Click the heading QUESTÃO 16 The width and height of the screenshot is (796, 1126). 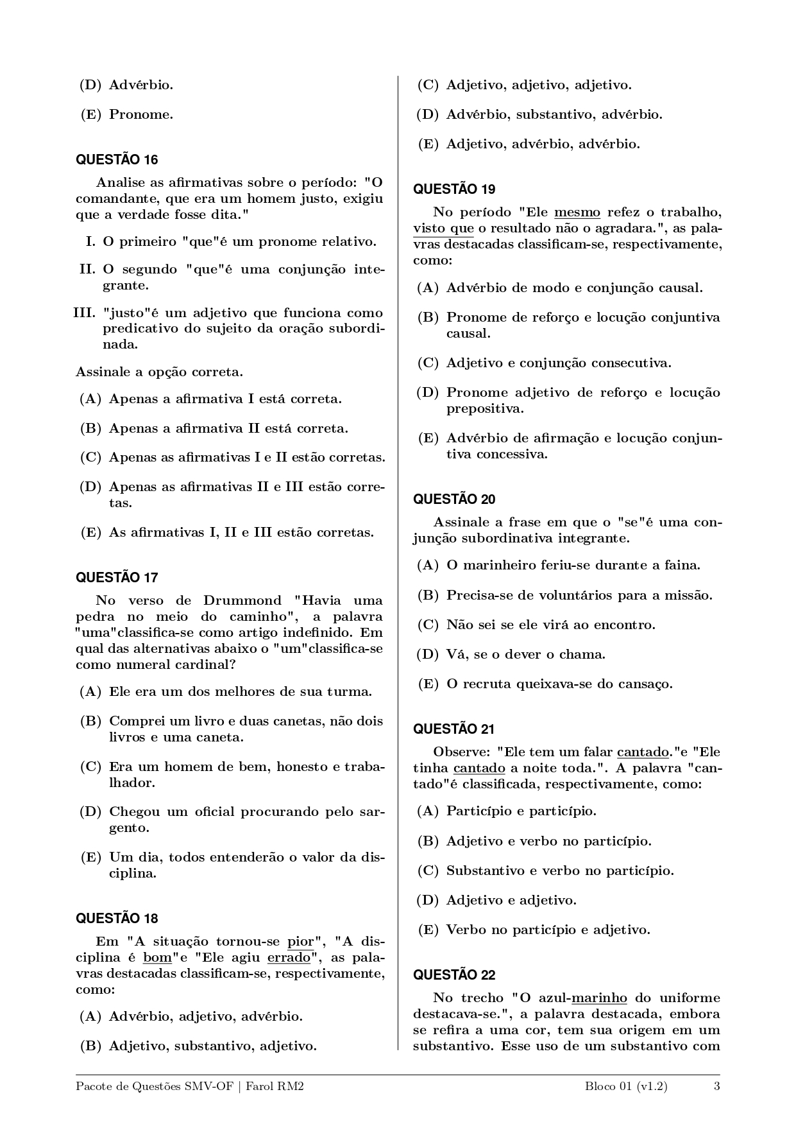117,160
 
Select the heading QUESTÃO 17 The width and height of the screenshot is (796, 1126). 117,577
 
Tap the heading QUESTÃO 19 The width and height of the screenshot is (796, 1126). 454,189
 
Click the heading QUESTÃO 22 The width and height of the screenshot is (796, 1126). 454,974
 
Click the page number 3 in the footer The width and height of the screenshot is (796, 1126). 716,1086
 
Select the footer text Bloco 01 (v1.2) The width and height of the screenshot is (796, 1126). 625,1086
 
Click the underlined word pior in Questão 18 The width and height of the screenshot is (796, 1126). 300,942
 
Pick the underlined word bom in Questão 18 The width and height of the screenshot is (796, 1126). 157,958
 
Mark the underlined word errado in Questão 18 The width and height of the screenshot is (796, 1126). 289,958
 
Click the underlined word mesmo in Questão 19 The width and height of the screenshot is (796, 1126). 577,212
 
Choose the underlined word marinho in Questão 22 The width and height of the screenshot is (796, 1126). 599,998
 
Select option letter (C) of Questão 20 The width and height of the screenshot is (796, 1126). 428,625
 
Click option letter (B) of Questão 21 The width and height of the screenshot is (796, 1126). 428,841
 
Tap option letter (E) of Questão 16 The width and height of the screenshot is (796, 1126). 91,532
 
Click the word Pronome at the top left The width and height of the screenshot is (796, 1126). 141,115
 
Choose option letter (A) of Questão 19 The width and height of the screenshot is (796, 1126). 428,288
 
